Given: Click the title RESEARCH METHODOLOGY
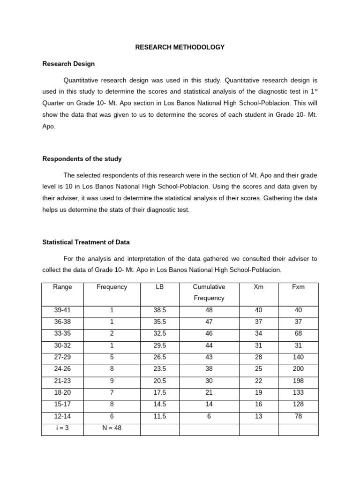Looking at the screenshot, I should point(180,47).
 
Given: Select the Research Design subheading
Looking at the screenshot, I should point(68,64).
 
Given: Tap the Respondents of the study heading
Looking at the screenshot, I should point(82,159).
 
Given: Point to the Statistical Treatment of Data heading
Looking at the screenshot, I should point(86,242).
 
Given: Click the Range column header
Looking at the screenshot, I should point(62,287).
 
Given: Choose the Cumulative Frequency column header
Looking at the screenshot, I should point(209,292).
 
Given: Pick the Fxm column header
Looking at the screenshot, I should point(298,287).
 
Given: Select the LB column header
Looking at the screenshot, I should point(159,287).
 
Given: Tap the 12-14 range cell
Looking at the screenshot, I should point(62,416).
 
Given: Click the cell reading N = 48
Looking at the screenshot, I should point(112,427).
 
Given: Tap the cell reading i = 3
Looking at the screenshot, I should point(62,427).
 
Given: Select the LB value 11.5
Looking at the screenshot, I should point(159,416).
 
